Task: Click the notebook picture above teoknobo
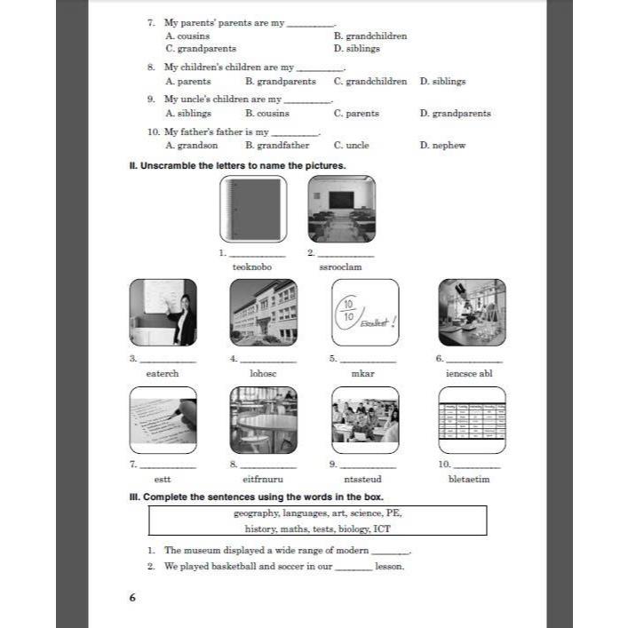click(x=253, y=209)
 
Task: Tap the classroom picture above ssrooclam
click(x=341, y=209)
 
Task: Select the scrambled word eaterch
click(x=163, y=374)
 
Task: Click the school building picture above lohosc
click(x=263, y=313)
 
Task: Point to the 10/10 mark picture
click(x=364, y=313)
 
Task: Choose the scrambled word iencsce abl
click(x=469, y=374)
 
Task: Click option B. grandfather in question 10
click(x=277, y=145)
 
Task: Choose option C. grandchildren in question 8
click(x=370, y=82)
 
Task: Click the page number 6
click(x=132, y=598)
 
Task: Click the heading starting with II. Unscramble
click(x=237, y=165)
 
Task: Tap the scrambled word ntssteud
click(x=363, y=480)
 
